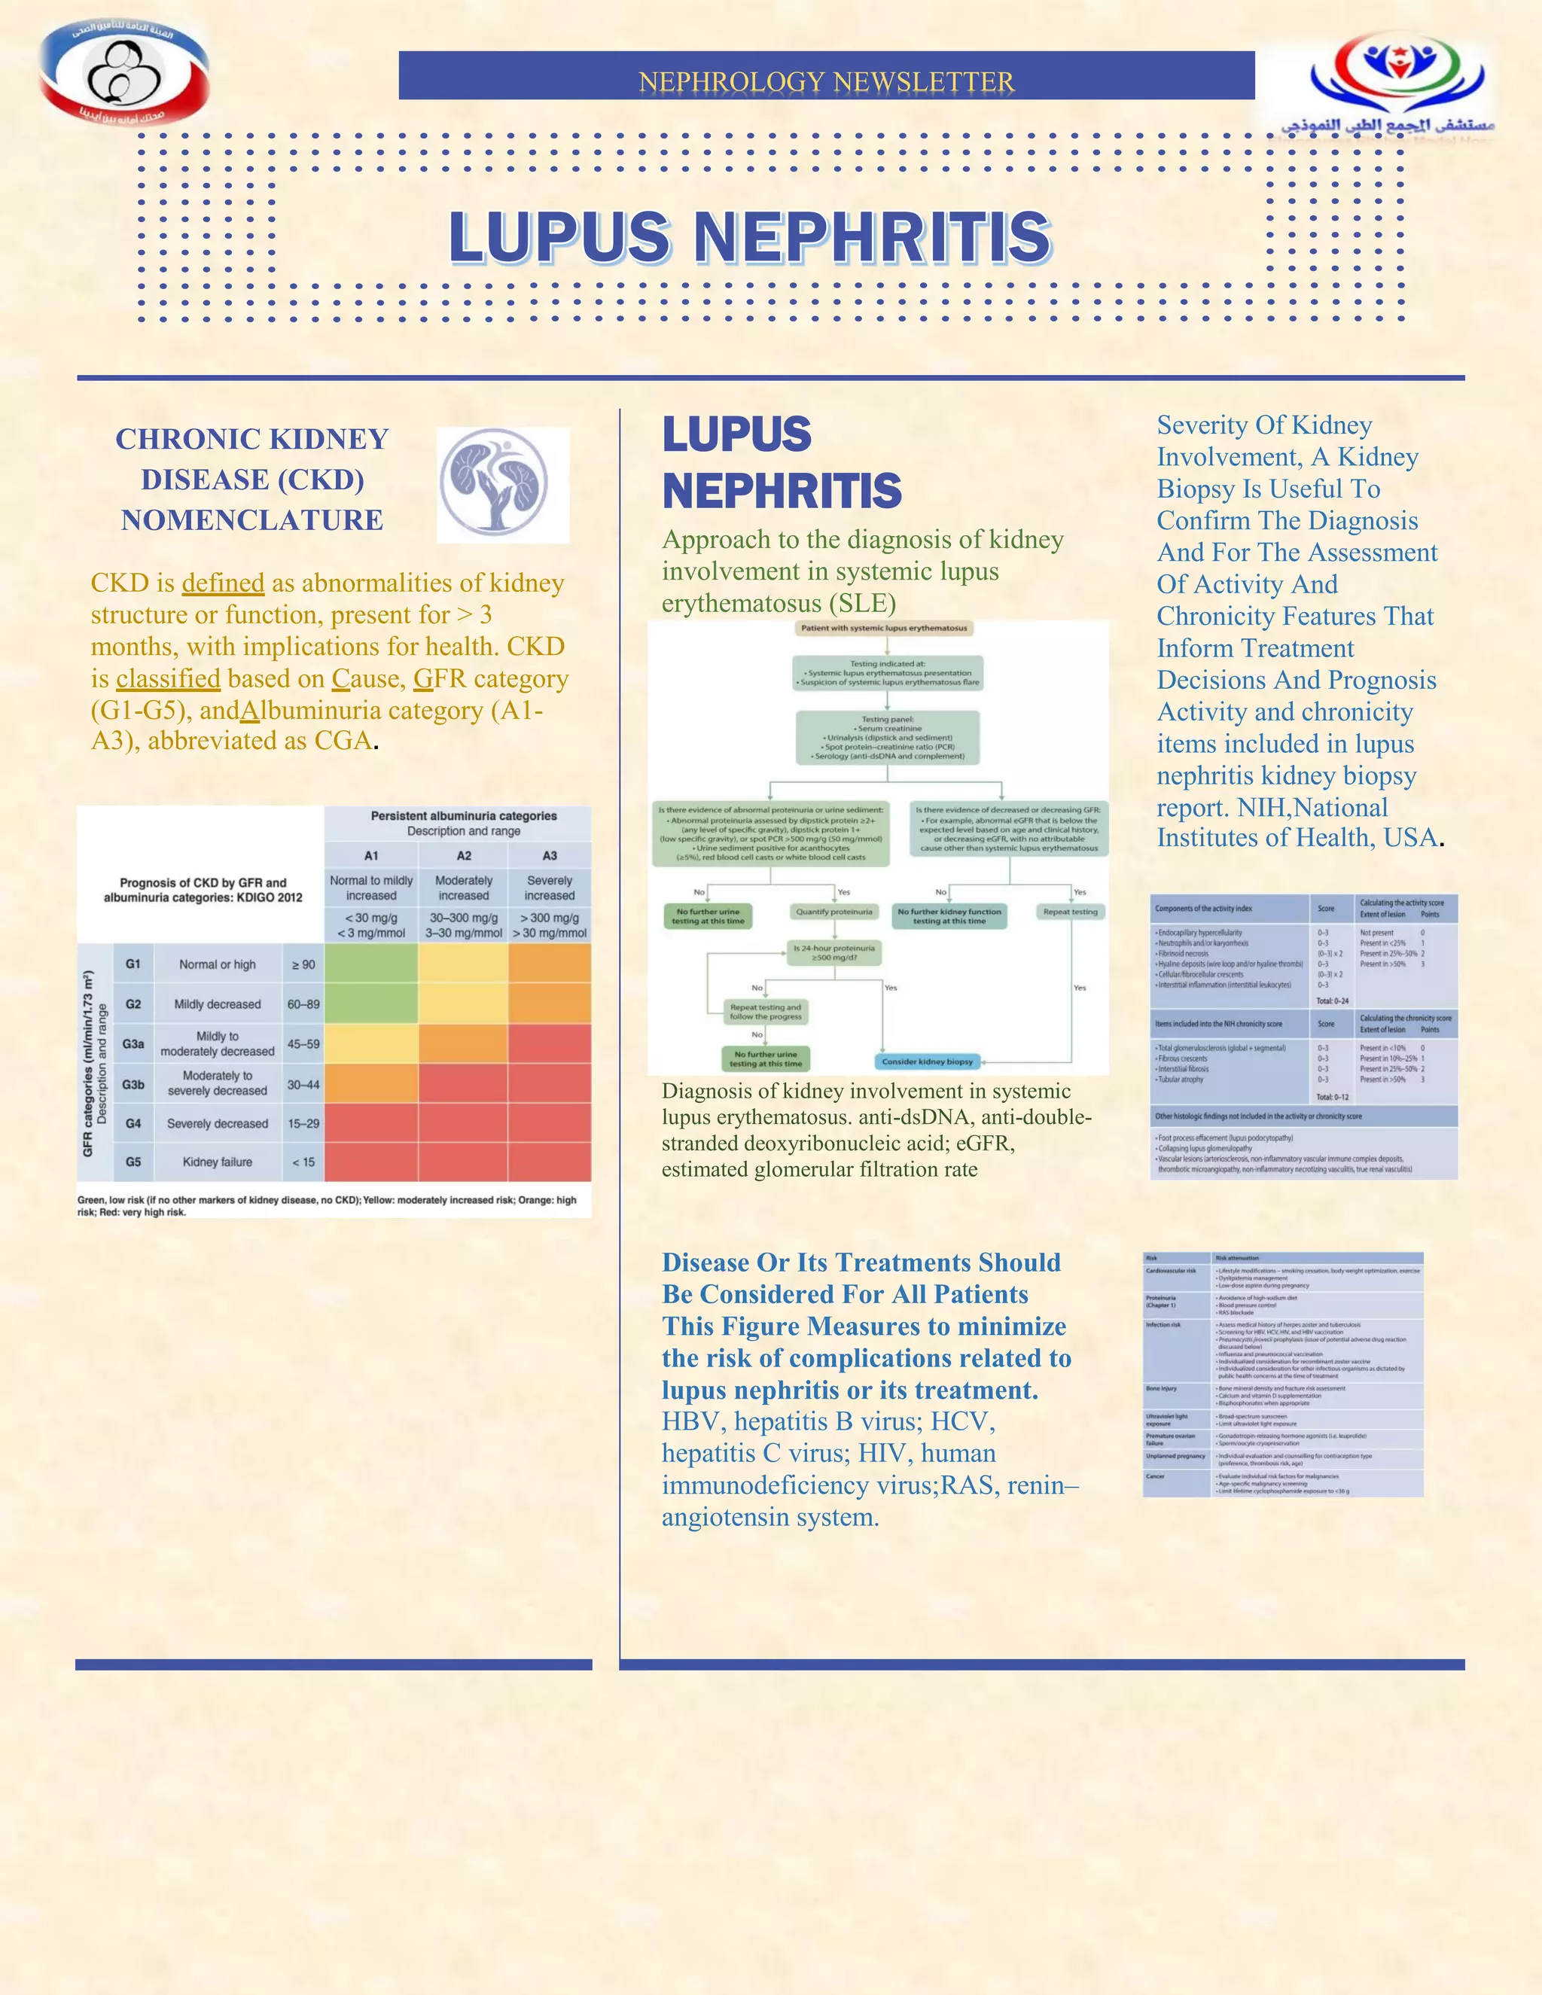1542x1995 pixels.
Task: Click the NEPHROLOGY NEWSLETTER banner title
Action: [826, 81]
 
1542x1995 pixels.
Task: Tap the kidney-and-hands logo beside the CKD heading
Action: [502, 485]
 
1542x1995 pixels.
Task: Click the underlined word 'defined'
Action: [223, 583]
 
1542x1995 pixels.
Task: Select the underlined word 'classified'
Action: [168, 679]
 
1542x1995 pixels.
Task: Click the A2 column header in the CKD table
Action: [464, 856]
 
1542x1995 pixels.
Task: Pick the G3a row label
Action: [133, 1043]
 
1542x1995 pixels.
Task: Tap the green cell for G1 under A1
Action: [371, 964]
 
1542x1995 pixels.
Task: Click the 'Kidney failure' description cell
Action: [218, 1162]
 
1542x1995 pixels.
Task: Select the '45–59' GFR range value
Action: [303, 1043]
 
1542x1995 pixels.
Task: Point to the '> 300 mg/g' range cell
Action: [550, 917]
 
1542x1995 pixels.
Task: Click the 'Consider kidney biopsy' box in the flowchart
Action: [927, 1061]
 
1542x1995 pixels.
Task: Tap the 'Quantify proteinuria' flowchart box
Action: [834, 912]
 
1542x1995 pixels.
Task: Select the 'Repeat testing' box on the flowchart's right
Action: [1071, 912]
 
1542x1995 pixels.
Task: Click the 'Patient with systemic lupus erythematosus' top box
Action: [883, 629]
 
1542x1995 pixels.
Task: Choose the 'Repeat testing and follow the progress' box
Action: [766, 1012]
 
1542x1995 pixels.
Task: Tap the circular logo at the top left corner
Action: [124, 75]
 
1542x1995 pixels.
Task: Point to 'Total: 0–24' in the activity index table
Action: [1332, 1001]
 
